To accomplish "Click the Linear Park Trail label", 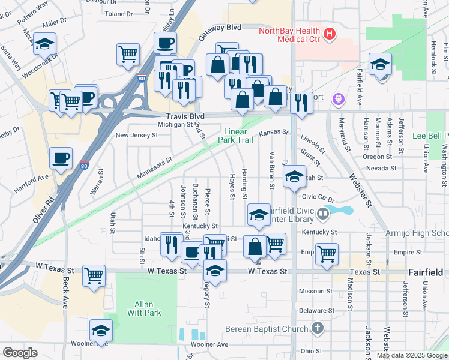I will tap(238, 136).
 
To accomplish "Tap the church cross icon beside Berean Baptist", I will tap(318, 329).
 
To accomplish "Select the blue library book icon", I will tap(324, 212).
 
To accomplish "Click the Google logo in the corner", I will tap(20, 353).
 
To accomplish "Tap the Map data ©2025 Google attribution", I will tap(411, 355).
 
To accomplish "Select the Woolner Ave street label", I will tap(209, 344).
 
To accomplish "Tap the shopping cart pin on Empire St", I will tap(327, 254).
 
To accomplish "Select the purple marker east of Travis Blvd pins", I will tap(338, 97).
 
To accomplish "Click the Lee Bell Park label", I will tap(430, 136).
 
